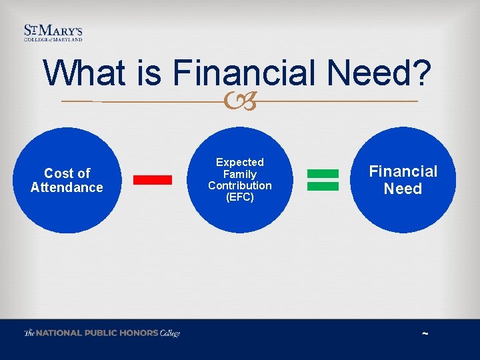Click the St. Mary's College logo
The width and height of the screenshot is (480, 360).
pos(53,33)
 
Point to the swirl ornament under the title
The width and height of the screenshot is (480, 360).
pos(239,102)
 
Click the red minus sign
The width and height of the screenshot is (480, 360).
pos(153,179)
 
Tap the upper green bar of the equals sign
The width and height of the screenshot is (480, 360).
pos(323,173)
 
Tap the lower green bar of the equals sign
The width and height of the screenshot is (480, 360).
pos(323,186)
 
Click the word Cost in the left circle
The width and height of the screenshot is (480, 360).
pos(58,173)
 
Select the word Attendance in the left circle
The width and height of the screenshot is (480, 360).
pos(67,187)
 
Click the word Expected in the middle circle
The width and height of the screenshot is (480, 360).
pos(240,162)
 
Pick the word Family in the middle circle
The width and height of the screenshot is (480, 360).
pos(240,174)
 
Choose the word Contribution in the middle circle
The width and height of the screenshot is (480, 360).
pos(240,185)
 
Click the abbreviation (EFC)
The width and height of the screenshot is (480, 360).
pos(240,197)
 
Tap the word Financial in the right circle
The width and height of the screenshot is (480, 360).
pos(403,171)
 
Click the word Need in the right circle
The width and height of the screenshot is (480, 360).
pos(403,189)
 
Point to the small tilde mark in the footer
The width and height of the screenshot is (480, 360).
pos(425,334)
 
